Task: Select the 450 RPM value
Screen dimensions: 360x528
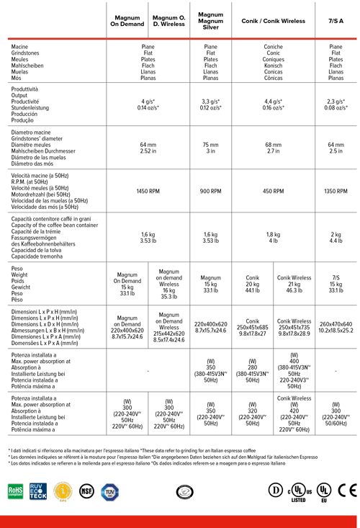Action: point(273,192)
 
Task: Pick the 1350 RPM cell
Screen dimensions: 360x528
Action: point(336,192)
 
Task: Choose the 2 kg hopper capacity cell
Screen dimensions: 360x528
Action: point(336,238)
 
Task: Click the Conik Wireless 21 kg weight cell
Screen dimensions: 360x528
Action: point(294,282)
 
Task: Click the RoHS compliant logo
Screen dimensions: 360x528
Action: point(16,491)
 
